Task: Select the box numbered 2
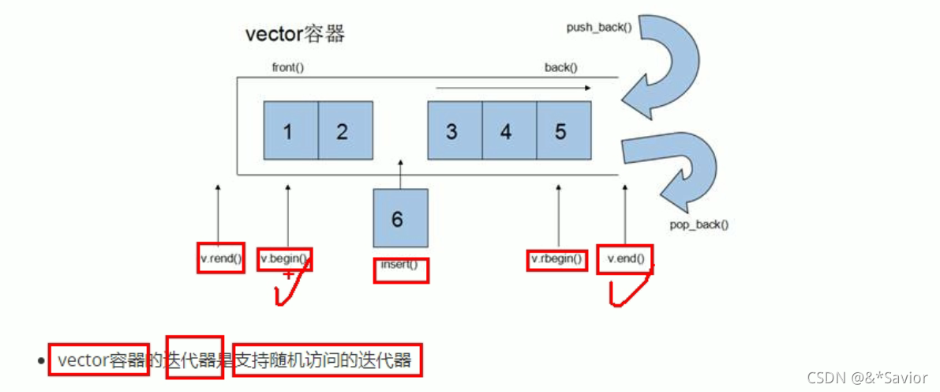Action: [344, 130]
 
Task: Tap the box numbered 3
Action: [454, 130]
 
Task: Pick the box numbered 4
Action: [508, 130]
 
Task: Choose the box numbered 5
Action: [563, 130]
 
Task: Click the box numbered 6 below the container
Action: [400, 218]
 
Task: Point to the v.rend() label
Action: [220, 258]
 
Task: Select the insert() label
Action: [400, 266]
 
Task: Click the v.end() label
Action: [625, 258]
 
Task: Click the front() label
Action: [288, 68]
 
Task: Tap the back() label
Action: [561, 68]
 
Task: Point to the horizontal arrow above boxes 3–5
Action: [513, 89]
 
